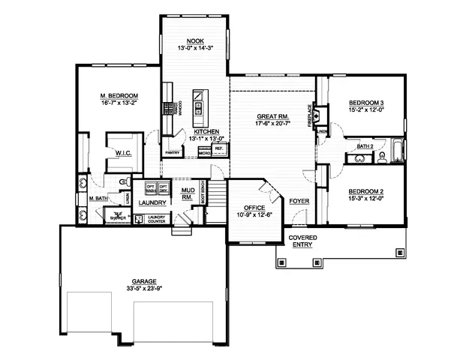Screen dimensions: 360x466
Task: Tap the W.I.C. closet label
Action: point(124,154)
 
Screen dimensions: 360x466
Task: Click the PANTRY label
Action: point(173,151)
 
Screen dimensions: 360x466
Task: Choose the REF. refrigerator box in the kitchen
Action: point(218,148)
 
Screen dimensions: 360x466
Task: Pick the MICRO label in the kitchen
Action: point(203,152)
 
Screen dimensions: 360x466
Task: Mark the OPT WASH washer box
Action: point(150,188)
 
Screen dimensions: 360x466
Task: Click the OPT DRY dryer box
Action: point(163,188)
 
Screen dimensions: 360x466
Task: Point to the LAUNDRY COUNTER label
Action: point(158,218)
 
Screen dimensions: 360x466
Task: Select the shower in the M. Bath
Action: point(118,216)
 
